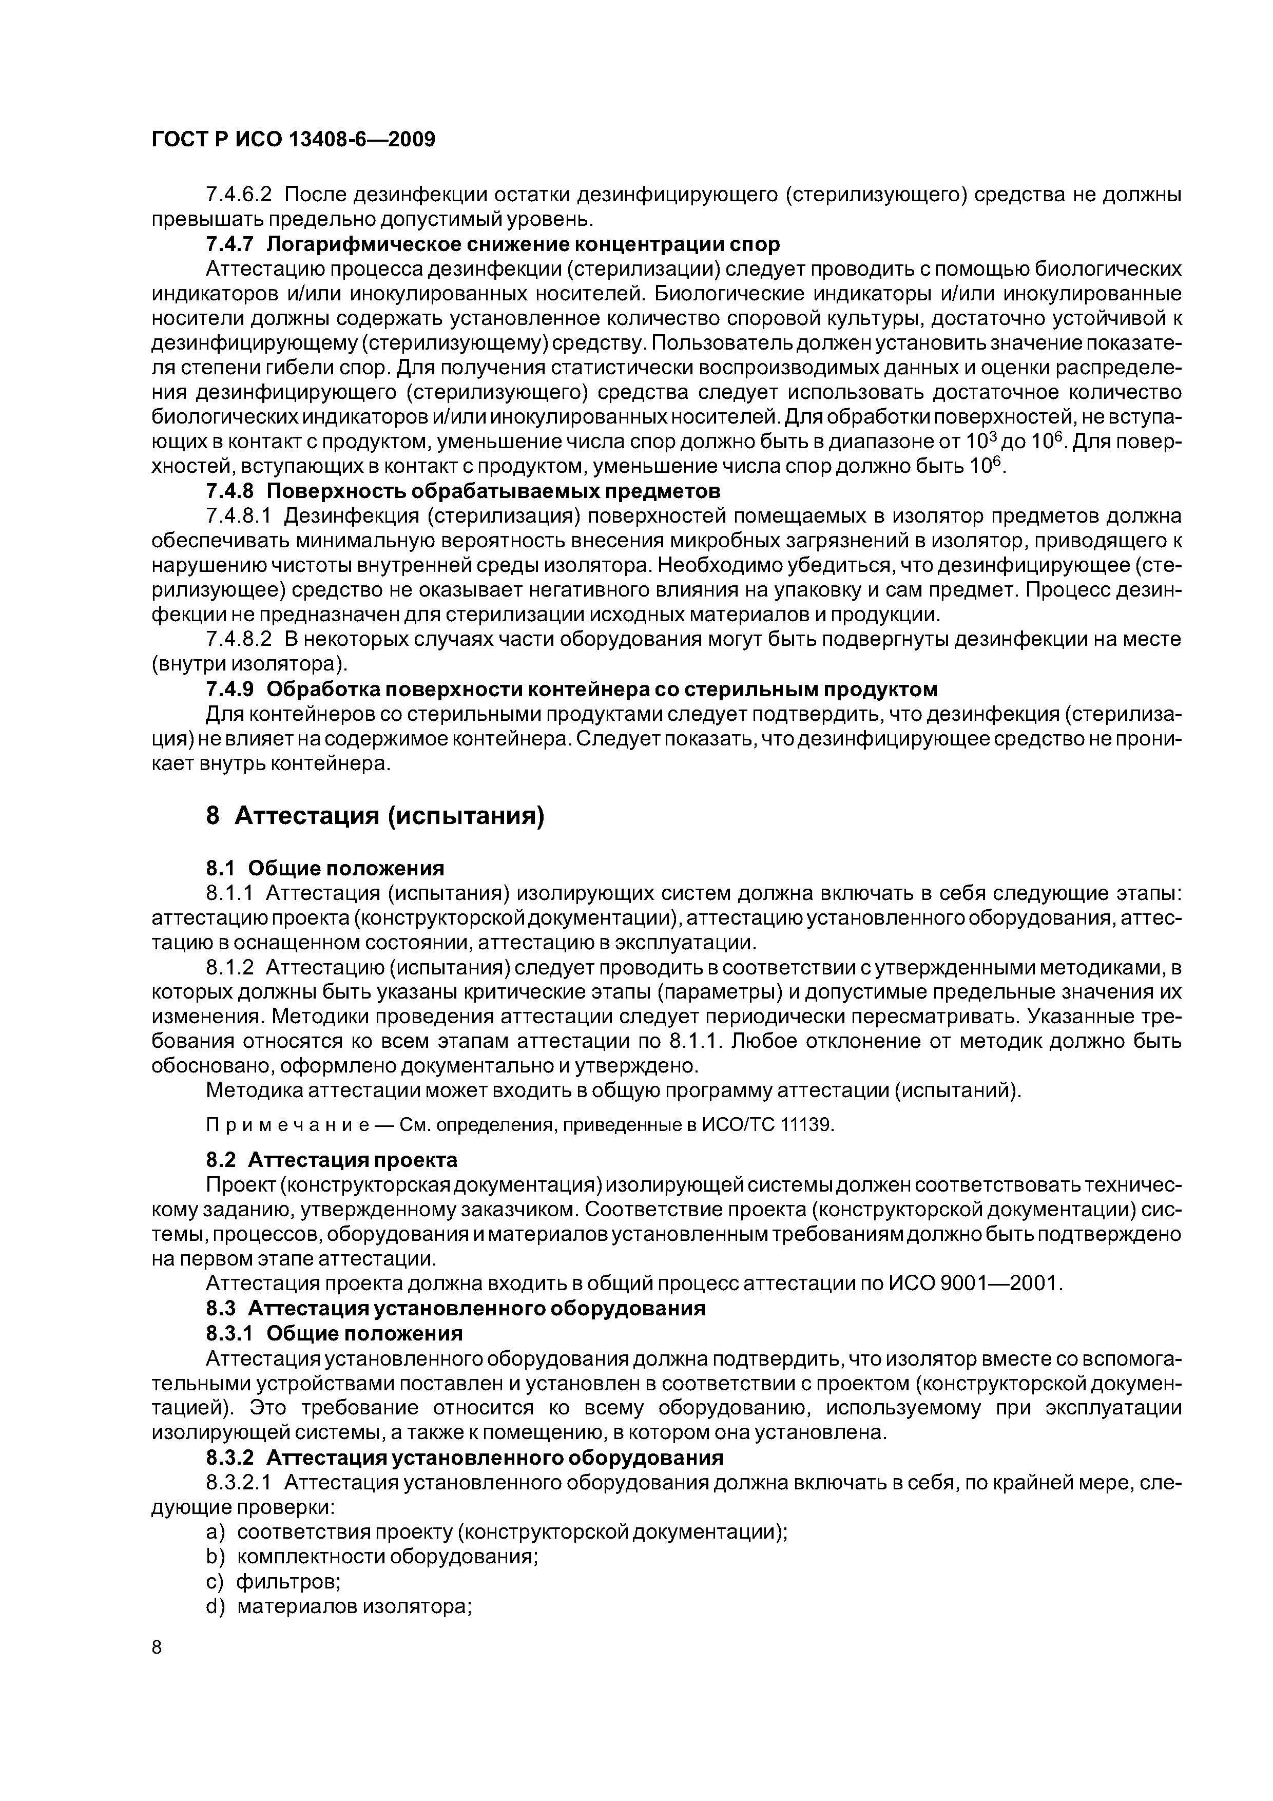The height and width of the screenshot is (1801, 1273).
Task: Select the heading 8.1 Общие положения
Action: point(325,868)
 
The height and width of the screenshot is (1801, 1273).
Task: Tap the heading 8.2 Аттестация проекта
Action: point(332,1159)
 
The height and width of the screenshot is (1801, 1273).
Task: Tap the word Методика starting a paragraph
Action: point(251,1091)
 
